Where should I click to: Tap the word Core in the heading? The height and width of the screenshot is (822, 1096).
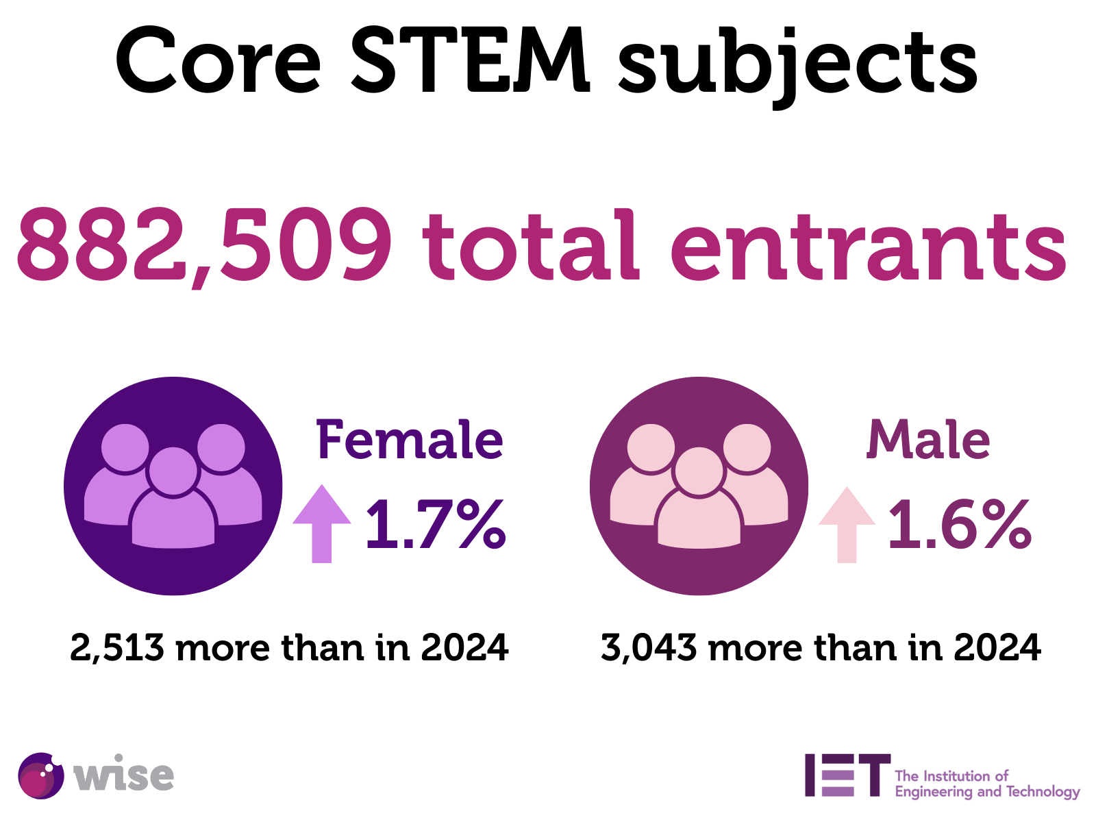coord(218,62)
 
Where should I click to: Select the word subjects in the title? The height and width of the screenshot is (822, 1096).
coord(798,65)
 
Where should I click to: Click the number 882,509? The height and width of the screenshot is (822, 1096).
coord(204,247)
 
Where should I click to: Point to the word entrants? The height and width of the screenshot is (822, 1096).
coord(868,248)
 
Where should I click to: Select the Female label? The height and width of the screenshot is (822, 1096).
coord(409,440)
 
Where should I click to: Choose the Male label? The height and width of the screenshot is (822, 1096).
coord(928,440)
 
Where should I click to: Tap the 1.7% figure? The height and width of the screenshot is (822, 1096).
coord(436,525)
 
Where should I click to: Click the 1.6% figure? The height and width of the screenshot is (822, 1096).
coord(959,525)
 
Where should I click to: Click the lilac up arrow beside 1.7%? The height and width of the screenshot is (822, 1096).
coord(322,523)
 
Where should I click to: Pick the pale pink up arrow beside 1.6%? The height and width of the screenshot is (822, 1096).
coord(847,525)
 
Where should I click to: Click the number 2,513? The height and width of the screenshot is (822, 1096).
coord(117,647)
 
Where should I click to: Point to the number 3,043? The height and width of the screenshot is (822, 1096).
coord(649,647)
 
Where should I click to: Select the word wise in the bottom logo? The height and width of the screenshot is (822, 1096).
coord(123,775)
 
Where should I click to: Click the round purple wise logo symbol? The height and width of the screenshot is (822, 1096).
coord(40,776)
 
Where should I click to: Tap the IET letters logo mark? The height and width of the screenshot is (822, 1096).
coord(847,775)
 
